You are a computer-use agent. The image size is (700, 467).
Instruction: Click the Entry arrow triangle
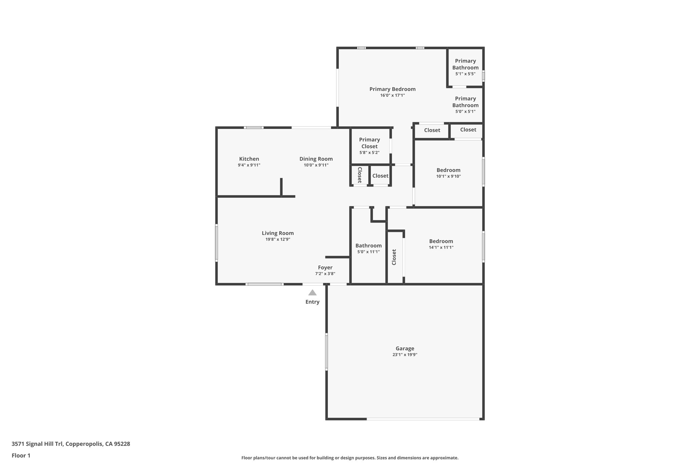tap(312, 293)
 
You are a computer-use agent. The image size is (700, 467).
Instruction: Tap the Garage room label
tap(405, 349)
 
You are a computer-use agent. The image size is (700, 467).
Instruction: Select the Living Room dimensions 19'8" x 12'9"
tap(278, 239)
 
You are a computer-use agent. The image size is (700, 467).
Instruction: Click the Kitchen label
tap(249, 159)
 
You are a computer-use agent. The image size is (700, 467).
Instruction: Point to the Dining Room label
tap(316, 159)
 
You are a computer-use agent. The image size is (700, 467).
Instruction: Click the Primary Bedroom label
tap(392, 89)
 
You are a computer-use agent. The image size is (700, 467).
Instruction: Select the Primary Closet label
tap(369, 143)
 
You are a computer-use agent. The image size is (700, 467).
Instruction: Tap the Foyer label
tap(325, 268)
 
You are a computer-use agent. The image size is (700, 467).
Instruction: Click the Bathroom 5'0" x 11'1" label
tap(368, 246)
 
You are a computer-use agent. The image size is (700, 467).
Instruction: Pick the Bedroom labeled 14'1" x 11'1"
tap(441, 241)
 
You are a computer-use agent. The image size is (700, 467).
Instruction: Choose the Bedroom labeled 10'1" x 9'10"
tap(448, 170)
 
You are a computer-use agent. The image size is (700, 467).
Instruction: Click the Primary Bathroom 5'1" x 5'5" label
tap(465, 64)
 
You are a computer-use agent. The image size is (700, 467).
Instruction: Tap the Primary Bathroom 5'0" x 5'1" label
tap(465, 102)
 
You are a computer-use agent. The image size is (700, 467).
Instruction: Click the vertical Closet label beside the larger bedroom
tap(394, 257)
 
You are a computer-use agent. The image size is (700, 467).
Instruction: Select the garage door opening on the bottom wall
tap(423, 419)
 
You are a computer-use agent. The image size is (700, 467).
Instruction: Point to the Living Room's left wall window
tap(216, 243)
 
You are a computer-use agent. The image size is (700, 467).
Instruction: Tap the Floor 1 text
tap(21, 456)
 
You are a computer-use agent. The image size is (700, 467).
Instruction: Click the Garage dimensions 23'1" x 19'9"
tap(405, 355)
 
